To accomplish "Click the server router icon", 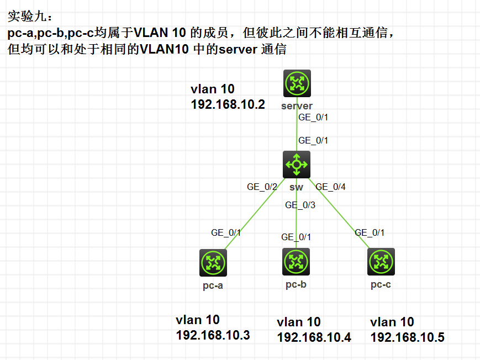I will (297, 84).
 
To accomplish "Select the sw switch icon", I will (297, 164).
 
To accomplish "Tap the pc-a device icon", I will (213, 262).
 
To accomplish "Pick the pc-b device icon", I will (296, 261).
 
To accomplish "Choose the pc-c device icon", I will (381, 262).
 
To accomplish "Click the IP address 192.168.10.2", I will (228, 104).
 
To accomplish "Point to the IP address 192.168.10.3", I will (213, 335).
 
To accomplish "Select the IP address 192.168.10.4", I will (314, 337).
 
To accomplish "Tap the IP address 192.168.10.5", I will (407, 337).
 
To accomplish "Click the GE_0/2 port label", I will (262, 187).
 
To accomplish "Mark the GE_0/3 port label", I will (300, 205).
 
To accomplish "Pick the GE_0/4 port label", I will (330, 187).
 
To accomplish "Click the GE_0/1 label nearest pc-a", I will (226, 232).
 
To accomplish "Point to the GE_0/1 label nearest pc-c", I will (370, 232).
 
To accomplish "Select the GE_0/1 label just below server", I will (313, 118).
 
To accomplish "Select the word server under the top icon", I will (297, 106).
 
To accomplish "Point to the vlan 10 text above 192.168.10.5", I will (392, 322).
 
